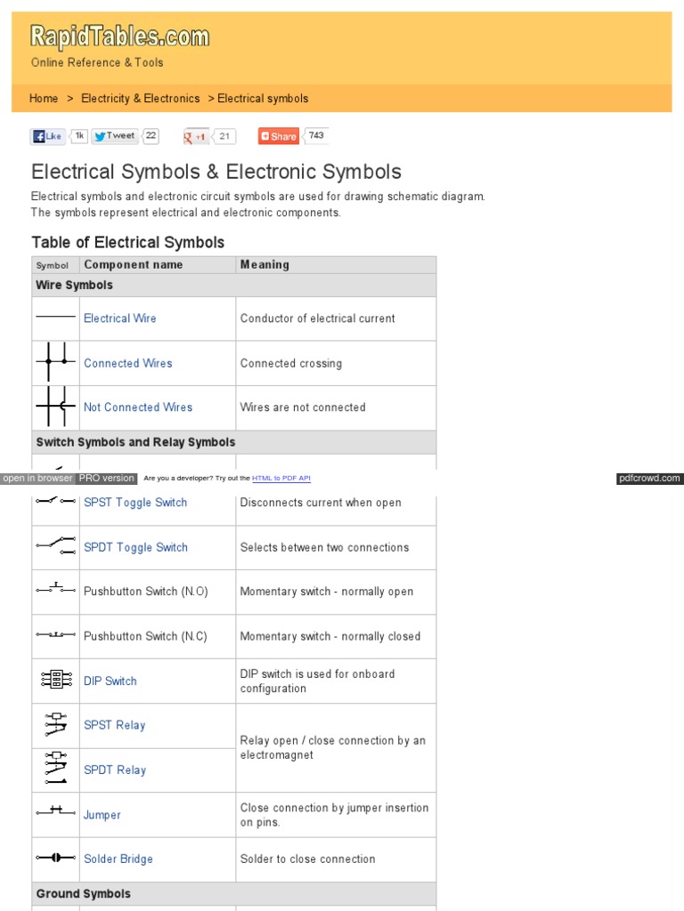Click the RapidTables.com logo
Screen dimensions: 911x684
(120, 37)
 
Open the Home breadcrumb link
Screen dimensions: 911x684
(44, 99)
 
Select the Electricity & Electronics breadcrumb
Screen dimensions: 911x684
(141, 99)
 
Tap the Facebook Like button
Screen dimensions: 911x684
(47, 136)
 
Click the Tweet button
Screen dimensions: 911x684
(114, 136)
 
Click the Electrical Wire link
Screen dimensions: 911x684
(119, 318)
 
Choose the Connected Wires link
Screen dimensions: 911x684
(127, 363)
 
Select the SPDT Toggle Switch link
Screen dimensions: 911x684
(135, 547)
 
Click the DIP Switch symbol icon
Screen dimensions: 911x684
(55, 681)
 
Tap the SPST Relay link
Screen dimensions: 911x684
(114, 725)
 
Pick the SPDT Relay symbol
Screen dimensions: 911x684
(55, 770)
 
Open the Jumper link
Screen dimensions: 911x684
(102, 815)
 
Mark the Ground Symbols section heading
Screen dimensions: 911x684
(83, 894)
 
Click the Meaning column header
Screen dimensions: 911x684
(265, 264)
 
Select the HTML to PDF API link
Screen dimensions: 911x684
(281, 479)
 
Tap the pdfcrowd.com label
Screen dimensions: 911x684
(649, 479)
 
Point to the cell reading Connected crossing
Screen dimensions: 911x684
(290, 363)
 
